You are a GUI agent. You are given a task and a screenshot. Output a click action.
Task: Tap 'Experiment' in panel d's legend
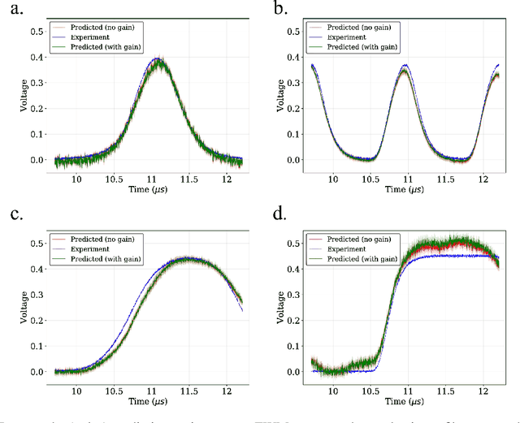(x=350, y=248)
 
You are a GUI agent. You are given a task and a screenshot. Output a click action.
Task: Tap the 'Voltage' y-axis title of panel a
(x=11, y=96)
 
